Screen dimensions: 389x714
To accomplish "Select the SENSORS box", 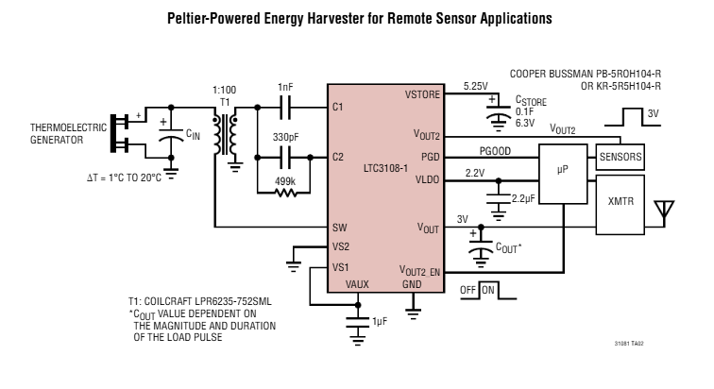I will [x=620, y=157].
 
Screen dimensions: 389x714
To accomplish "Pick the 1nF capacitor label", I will [x=285, y=87].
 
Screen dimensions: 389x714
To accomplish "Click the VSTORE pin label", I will [x=422, y=95].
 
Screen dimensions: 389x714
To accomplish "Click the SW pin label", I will [x=340, y=228].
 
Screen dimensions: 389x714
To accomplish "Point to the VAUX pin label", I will [x=358, y=283].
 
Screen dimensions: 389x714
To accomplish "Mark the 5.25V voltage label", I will [x=474, y=86].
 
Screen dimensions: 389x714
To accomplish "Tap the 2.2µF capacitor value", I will [x=524, y=200].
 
